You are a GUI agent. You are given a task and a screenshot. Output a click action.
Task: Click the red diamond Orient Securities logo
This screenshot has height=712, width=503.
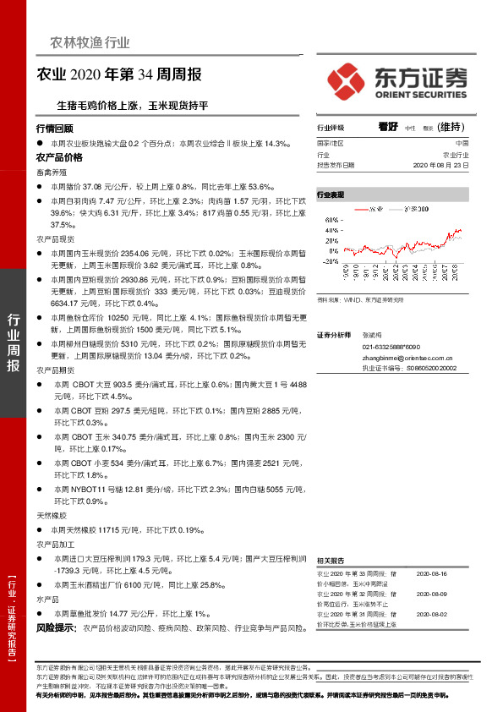[x=345, y=81]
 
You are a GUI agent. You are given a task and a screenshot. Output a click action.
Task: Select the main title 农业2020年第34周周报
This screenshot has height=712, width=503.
[x=120, y=74]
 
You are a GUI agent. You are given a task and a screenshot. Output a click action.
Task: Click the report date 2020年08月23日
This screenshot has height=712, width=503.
[x=440, y=166]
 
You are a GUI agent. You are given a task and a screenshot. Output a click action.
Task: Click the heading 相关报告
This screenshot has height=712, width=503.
[x=330, y=560]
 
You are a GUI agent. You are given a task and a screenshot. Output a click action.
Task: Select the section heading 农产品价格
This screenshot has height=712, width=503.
[x=59, y=158]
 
